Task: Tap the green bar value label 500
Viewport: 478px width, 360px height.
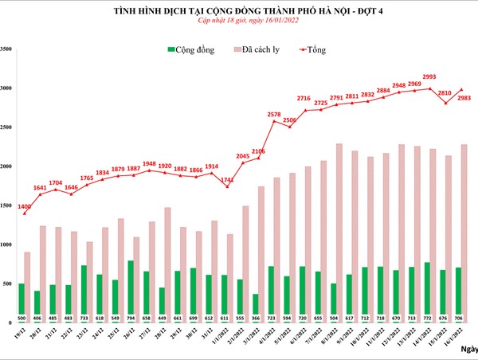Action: (21, 319)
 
